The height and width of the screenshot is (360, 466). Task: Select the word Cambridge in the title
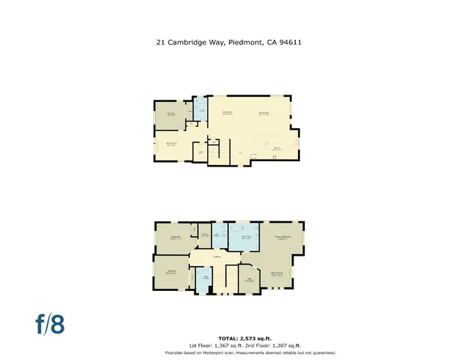186,43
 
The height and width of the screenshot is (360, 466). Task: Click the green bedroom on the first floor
172,115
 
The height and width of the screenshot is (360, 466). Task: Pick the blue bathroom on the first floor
200,111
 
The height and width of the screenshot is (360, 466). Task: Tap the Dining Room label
264,112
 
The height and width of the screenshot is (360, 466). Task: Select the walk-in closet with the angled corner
249,278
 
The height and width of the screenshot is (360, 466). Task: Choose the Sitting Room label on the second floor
277,273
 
